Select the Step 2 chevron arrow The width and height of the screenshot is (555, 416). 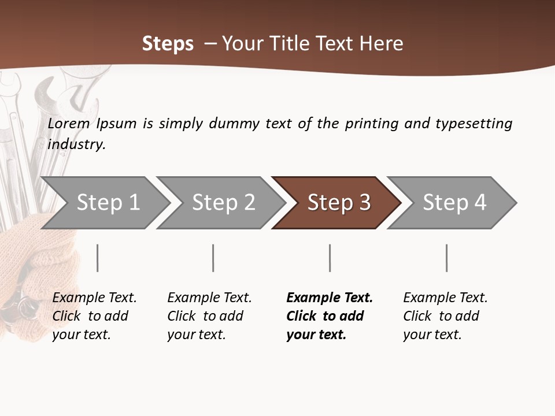(223, 203)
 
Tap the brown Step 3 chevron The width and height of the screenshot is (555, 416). (338, 203)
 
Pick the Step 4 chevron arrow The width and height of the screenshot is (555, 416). (454, 203)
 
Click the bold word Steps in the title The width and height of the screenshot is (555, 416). (168, 44)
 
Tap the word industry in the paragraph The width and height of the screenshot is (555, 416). (76, 144)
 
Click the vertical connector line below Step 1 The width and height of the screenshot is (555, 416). (98, 258)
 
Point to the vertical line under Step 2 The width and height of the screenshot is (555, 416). (213, 258)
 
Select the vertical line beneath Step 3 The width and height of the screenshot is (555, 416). (330, 258)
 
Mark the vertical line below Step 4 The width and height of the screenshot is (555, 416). (446, 258)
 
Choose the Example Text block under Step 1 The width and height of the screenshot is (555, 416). (94, 316)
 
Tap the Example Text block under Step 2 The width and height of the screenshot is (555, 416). (209, 316)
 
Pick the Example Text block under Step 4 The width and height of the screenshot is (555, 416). (445, 316)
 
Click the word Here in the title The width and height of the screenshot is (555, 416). (380, 44)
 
